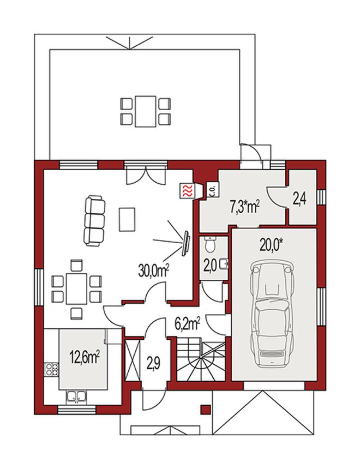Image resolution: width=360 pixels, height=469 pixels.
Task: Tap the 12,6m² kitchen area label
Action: pyautogui.click(x=85, y=357)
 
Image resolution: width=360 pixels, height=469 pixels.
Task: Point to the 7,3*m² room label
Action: pyautogui.click(x=244, y=207)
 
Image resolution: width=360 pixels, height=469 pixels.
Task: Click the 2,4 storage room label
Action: pyautogui.click(x=299, y=200)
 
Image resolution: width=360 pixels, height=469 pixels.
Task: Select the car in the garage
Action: pyautogui.click(x=272, y=313)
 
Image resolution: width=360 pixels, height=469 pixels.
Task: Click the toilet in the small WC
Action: pyautogui.click(x=211, y=244)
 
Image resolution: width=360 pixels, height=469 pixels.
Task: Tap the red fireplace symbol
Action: pyautogui.click(x=187, y=190)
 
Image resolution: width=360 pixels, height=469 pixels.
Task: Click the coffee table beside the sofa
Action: pyautogui.click(x=127, y=220)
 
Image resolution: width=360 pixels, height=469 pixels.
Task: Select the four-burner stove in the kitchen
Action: pyautogui.click(x=52, y=369)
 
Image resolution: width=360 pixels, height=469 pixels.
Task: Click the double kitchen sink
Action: pyautogui.click(x=76, y=396)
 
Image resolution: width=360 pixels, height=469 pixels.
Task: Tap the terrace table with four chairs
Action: pyautogui.click(x=146, y=111)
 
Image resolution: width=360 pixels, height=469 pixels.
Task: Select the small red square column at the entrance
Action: pyautogui.click(x=205, y=410)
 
